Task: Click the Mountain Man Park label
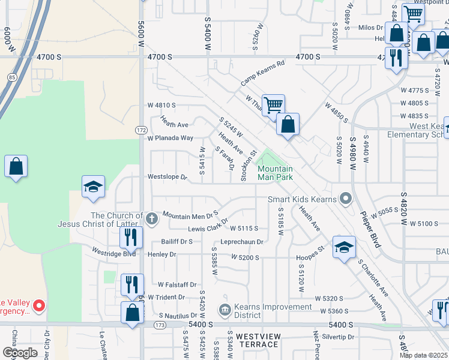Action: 275,173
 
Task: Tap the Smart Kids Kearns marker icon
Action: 345,198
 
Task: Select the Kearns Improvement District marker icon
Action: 225,310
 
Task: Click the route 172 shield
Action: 141,130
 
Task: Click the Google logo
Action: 19,352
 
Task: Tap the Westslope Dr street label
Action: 167,178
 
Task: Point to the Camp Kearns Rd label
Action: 262,73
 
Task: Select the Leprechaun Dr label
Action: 242,242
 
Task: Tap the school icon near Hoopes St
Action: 344,247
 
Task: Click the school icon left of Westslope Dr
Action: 93,187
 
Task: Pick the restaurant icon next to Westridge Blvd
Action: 130,237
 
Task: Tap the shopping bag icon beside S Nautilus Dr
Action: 132,313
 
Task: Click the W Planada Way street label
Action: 170,138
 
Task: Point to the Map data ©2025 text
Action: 424,355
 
